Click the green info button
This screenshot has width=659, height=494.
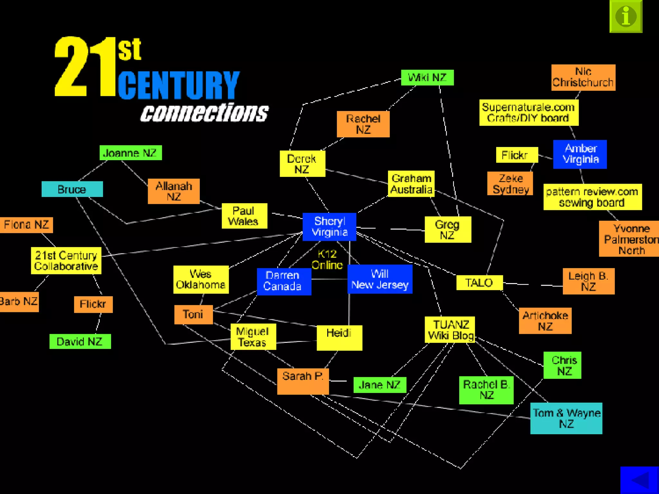[626, 16]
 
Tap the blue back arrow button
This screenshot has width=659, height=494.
[639, 480]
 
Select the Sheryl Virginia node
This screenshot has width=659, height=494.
[329, 227]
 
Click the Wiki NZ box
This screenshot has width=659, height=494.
[427, 78]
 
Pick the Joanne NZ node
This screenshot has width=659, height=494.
[130, 153]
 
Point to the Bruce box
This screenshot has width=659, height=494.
[72, 189]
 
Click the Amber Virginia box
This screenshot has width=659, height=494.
[580, 154]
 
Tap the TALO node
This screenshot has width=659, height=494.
[479, 283]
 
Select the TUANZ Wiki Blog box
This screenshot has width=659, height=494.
[450, 330]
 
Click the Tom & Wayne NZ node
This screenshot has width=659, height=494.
[566, 418]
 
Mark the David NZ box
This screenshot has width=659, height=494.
[80, 341]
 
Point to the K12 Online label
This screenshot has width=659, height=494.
[327, 260]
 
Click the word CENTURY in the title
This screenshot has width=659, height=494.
[179, 85]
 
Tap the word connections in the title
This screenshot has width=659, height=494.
[204, 113]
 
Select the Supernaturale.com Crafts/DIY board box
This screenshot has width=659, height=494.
[528, 113]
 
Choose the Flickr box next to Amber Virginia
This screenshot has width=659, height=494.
[516, 155]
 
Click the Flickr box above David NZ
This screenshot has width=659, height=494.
[93, 304]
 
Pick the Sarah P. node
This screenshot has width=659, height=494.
[303, 381]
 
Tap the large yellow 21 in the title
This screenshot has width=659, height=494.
[84, 67]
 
